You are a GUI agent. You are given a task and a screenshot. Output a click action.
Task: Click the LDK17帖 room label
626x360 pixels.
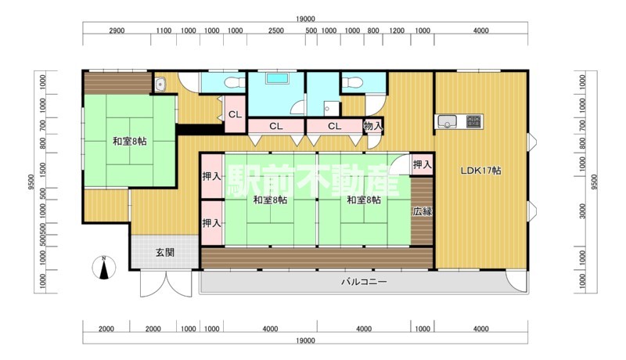coord(480,171)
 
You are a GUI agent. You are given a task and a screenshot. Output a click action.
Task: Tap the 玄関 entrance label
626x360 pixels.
coord(165,253)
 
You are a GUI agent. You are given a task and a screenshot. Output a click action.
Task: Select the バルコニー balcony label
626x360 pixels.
coord(364,283)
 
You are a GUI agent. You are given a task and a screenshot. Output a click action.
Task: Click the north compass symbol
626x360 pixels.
coord(104,268)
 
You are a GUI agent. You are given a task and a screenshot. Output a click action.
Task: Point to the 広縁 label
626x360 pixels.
coord(423,211)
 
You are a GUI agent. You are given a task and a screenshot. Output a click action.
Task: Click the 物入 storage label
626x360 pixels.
coord(373,126)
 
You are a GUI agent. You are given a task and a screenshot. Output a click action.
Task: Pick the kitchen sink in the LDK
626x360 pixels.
coord(448,121)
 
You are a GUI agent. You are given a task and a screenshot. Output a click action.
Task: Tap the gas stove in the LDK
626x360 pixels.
coord(474,121)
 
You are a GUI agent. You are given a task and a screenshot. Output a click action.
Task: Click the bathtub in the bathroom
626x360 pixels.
coord(278,78)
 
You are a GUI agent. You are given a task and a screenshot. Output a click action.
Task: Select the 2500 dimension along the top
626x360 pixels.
coord(276,31)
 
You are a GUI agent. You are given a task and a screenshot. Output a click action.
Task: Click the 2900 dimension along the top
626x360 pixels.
coord(117,31)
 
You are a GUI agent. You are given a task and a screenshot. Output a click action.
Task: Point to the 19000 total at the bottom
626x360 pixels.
coord(305,340)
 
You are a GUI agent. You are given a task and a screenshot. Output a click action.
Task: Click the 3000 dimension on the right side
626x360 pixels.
coord(583,211)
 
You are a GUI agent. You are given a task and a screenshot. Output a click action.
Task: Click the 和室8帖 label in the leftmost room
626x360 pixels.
coord(129,142)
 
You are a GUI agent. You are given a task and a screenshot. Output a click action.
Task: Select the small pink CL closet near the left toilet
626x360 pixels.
coord(236,114)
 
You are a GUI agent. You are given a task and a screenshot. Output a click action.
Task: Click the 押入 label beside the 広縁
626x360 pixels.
coord(423,164)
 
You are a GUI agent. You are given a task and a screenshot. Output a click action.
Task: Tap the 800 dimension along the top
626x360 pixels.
coord(373,31)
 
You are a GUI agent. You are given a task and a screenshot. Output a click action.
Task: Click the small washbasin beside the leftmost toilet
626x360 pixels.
coord(160,85)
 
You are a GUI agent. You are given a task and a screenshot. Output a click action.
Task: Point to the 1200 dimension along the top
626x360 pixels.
coord(397,31)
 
